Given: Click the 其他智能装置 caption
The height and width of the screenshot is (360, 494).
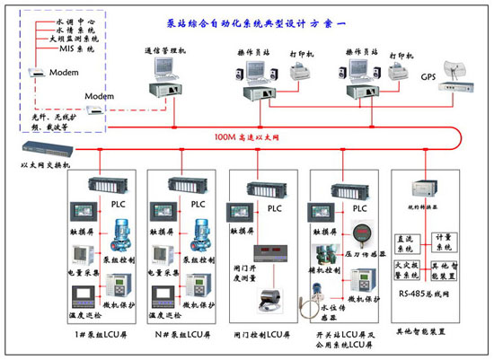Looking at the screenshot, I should pos(427,331).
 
